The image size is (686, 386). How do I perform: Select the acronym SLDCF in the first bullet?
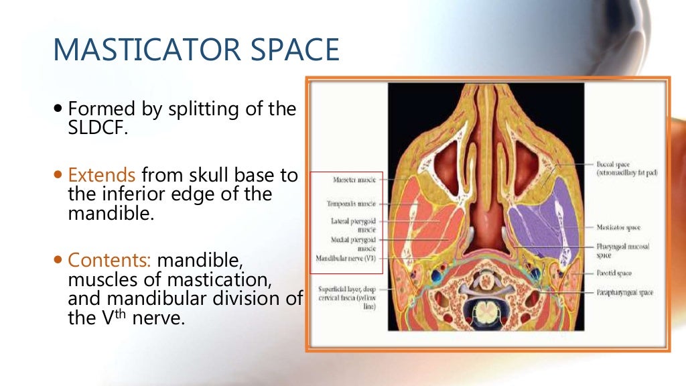tap(98, 127)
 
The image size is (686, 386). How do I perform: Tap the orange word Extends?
tap(102, 176)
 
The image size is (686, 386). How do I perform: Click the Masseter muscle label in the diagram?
tap(354, 180)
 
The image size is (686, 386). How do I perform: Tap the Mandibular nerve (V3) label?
tap(346, 258)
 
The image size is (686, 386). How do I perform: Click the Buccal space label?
tap(626, 168)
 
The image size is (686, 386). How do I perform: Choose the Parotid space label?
tap(614, 273)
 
